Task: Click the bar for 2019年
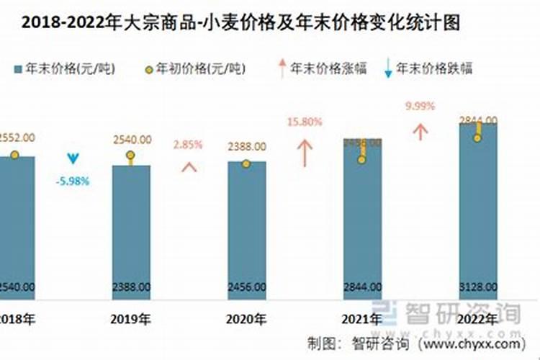pyautogui.click(x=131, y=230)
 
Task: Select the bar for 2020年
pyautogui.click(x=247, y=230)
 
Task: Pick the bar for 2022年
pyautogui.click(x=478, y=216)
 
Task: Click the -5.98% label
pyautogui.click(x=73, y=181)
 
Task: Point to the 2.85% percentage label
pyautogui.click(x=189, y=144)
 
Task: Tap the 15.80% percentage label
pyautogui.click(x=305, y=122)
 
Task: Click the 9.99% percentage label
pyautogui.click(x=420, y=106)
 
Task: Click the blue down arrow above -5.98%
pyautogui.click(x=73, y=158)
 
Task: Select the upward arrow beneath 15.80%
pyautogui.click(x=305, y=153)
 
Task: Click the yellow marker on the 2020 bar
pyautogui.click(x=246, y=163)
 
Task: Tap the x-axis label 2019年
pyautogui.click(x=131, y=318)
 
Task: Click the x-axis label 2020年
pyautogui.click(x=247, y=318)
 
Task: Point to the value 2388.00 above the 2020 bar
pyautogui.click(x=247, y=146)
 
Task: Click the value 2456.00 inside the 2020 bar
pyautogui.click(x=247, y=286)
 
